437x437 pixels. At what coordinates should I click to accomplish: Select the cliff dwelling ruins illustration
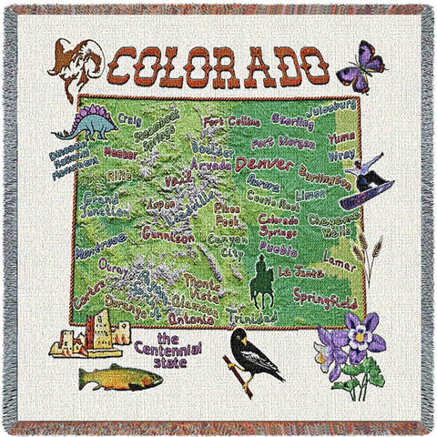click(x=94, y=335)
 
